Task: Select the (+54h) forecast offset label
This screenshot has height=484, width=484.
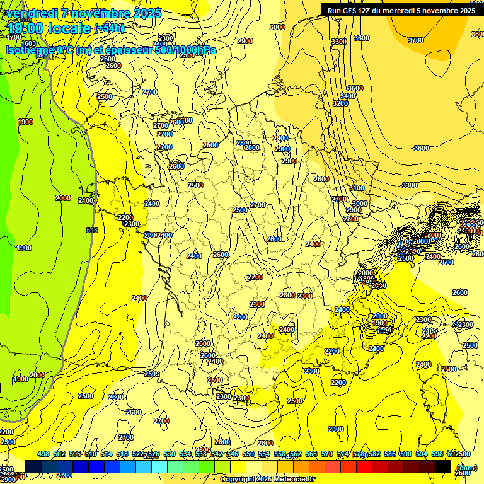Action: coord(109,28)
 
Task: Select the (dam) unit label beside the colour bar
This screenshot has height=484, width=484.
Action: coord(466,467)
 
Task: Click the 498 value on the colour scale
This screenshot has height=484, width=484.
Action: coord(43,454)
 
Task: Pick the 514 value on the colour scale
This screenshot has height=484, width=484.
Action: coord(107,454)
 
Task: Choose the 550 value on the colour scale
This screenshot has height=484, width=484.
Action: coord(248,454)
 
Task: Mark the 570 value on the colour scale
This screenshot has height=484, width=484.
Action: coord(327,454)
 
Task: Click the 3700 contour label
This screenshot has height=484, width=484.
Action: coord(416,40)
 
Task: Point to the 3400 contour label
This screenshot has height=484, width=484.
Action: coord(348,96)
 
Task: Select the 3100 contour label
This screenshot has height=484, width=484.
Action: coord(357,188)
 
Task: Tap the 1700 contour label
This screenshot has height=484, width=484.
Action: coord(13,37)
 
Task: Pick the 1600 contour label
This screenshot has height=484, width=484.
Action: coord(28,44)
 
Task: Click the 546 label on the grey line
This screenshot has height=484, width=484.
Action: coord(92,230)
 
